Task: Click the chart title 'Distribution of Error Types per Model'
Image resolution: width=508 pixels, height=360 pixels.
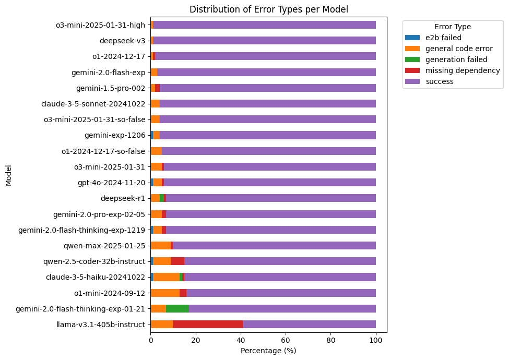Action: [268, 9]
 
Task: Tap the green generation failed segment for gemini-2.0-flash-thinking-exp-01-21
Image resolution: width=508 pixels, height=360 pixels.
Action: [178, 309]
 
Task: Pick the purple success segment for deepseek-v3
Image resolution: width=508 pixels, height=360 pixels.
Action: [264, 41]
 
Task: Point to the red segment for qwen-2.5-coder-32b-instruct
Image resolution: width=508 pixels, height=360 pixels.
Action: [178, 261]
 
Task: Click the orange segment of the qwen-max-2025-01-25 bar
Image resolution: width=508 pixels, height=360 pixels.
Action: [161, 246]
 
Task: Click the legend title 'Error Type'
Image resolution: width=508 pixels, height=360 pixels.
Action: [452, 27]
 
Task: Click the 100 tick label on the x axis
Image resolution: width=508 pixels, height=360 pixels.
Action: [376, 341]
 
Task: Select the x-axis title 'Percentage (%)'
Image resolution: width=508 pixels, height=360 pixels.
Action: [268, 351]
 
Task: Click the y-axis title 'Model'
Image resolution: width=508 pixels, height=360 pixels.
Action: [8, 175]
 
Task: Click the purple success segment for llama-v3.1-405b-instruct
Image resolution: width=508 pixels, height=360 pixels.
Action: [309, 325]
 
